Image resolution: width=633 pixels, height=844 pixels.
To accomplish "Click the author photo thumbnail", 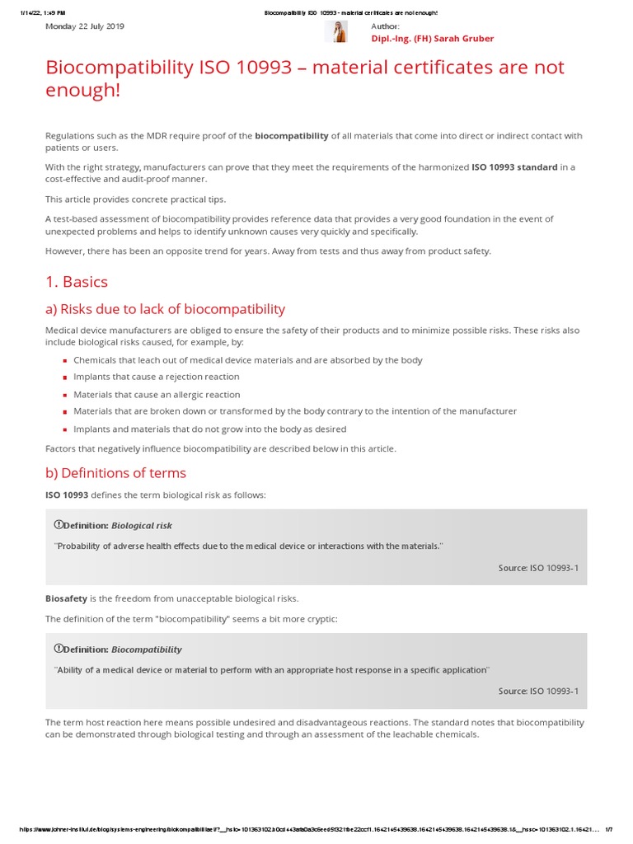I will click(336, 31).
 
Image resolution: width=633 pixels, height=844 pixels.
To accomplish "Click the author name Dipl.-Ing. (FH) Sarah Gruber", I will click(433, 39).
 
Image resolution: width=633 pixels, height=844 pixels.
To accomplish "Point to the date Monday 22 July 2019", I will click(84, 26).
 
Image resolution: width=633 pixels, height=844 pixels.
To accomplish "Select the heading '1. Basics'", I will click(77, 282).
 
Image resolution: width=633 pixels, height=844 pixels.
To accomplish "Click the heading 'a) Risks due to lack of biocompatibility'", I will click(165, 309).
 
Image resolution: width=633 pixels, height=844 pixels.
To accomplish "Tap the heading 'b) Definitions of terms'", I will click(115, 473).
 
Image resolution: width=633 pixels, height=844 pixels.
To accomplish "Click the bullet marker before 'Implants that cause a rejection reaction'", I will click(65, 377).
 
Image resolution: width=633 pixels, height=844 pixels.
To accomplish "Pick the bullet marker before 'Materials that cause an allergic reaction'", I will click(65, 395).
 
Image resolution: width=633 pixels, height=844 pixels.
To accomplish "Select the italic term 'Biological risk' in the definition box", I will click(142, 525).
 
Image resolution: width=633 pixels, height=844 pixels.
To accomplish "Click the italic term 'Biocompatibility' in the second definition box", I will click(147, 649).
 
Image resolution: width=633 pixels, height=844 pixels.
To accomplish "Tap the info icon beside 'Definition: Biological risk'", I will click(59, 525).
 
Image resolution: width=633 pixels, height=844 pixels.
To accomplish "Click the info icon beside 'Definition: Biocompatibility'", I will click(59, 649).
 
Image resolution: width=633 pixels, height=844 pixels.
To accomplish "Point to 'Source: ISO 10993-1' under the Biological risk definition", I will click(538, 567).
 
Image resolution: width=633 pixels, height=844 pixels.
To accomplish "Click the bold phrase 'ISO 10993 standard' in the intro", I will click(514, 167).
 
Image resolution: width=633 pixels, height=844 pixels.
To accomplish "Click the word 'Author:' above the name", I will click(385, 26).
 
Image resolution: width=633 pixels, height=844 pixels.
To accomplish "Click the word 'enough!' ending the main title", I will click(82, 91).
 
